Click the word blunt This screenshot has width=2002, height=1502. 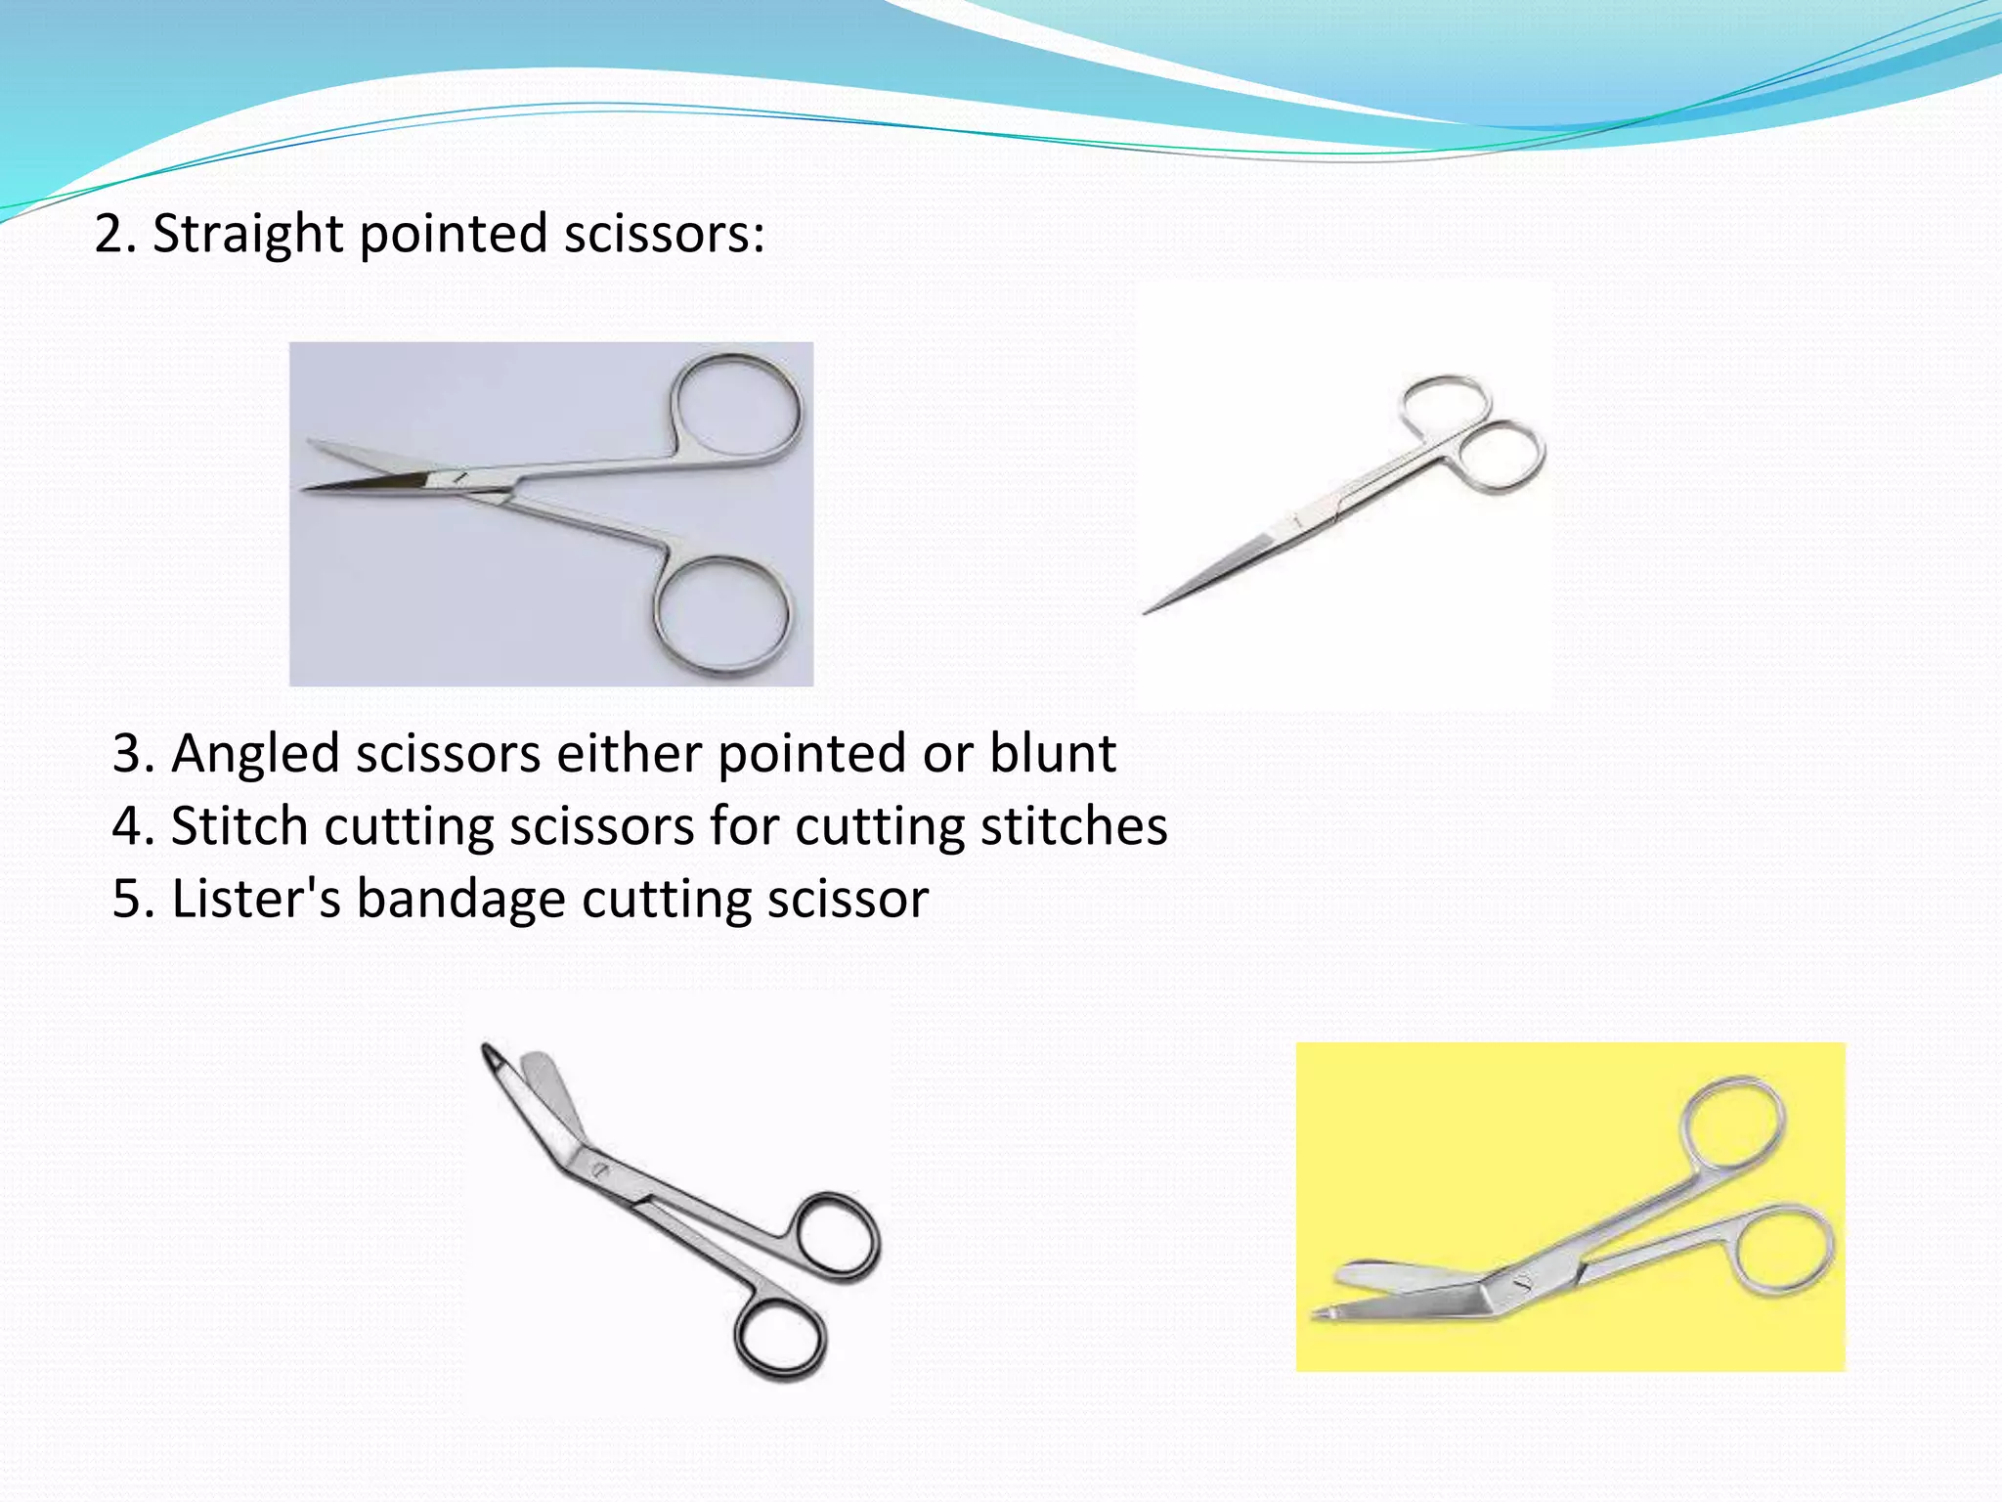click(x=1053, y=754)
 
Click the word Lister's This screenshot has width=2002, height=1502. click(x=256, y=899)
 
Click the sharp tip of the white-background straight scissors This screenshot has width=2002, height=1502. click(x=1147, y=613)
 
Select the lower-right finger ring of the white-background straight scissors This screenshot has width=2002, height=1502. click(x=1499, y=457)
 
